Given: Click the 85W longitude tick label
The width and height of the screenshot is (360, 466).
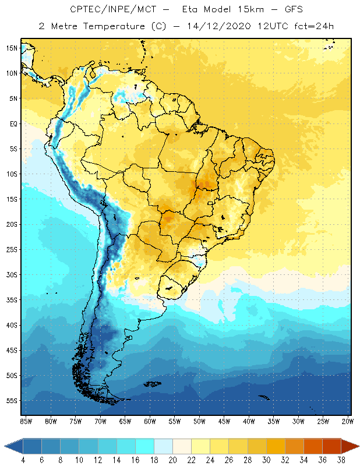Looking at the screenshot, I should pos(26,421).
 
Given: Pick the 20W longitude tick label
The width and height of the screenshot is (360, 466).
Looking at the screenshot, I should pos(347,421).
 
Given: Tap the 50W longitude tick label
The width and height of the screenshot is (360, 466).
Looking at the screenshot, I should pos(199,421).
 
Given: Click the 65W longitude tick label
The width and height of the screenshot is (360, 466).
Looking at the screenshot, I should pos(125,421).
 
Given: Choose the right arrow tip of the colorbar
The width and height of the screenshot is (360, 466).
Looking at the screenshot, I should pos(358,446).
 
